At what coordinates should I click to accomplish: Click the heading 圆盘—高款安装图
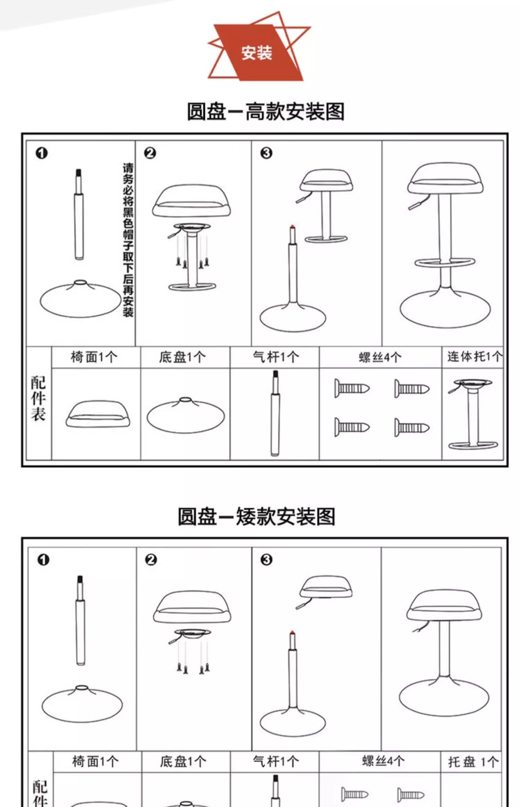[266, 112]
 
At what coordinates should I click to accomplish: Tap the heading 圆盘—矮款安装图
[256, 517]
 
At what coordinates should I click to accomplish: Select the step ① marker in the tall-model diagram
[42, 153]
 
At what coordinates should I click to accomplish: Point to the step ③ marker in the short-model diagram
[266, 559]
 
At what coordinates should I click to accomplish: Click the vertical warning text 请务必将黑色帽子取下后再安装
[128, 240]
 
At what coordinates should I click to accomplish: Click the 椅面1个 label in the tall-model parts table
[94, 357]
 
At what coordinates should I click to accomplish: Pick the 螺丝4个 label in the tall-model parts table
[380, 357]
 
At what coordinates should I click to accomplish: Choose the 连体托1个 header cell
[474, 357]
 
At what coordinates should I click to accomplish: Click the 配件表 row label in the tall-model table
[38, 398]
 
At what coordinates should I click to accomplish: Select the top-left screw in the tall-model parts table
[352, 388]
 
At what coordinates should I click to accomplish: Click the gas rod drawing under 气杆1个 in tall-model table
[275, 413]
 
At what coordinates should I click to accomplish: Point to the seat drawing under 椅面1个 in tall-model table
[97, 414]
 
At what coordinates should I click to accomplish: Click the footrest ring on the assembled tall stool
[445, 262]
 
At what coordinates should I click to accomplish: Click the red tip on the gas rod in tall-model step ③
[292, 227]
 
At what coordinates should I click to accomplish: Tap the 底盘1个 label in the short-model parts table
[183, 762]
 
